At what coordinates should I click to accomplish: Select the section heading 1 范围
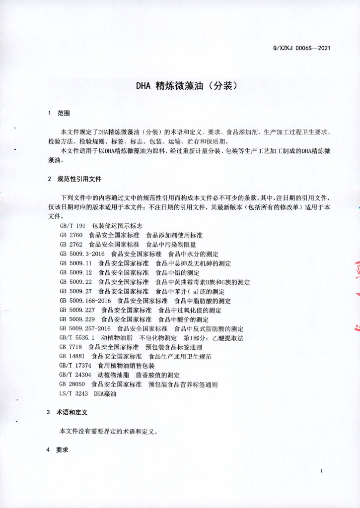pos(59,114)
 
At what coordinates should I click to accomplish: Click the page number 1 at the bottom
pos(322,470)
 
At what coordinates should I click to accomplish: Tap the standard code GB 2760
pos(71,235)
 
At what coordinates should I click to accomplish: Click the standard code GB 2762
pos(71,245)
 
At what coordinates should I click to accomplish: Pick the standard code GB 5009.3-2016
pos(81,254)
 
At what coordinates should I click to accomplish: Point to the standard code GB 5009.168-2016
pos(85,301)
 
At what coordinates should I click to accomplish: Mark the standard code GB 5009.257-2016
pos(85,329)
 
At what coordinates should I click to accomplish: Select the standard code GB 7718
pos(71,347)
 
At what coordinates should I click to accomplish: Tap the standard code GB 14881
pos(72,357)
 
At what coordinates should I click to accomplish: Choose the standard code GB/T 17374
pos(75,366)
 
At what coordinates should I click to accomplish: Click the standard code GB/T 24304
pos(75,375)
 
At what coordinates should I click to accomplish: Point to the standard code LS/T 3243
pos(73,394)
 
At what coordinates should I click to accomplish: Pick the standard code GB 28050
pos(72,384)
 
